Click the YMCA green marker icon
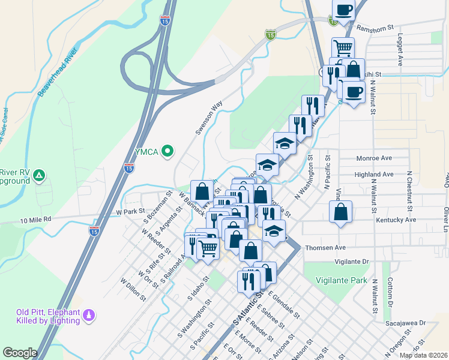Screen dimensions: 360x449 click(168, 151)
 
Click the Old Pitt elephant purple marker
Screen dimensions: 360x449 click(89, 314)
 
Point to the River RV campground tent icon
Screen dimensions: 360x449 click(38, 175)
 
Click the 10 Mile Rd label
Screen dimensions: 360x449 click(36, 220)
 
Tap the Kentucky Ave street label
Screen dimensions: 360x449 click(396, 220)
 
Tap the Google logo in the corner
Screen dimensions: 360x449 click(20, 353)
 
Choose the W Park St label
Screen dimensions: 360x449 click(131, 212)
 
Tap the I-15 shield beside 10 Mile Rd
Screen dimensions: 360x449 click(94, 230)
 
